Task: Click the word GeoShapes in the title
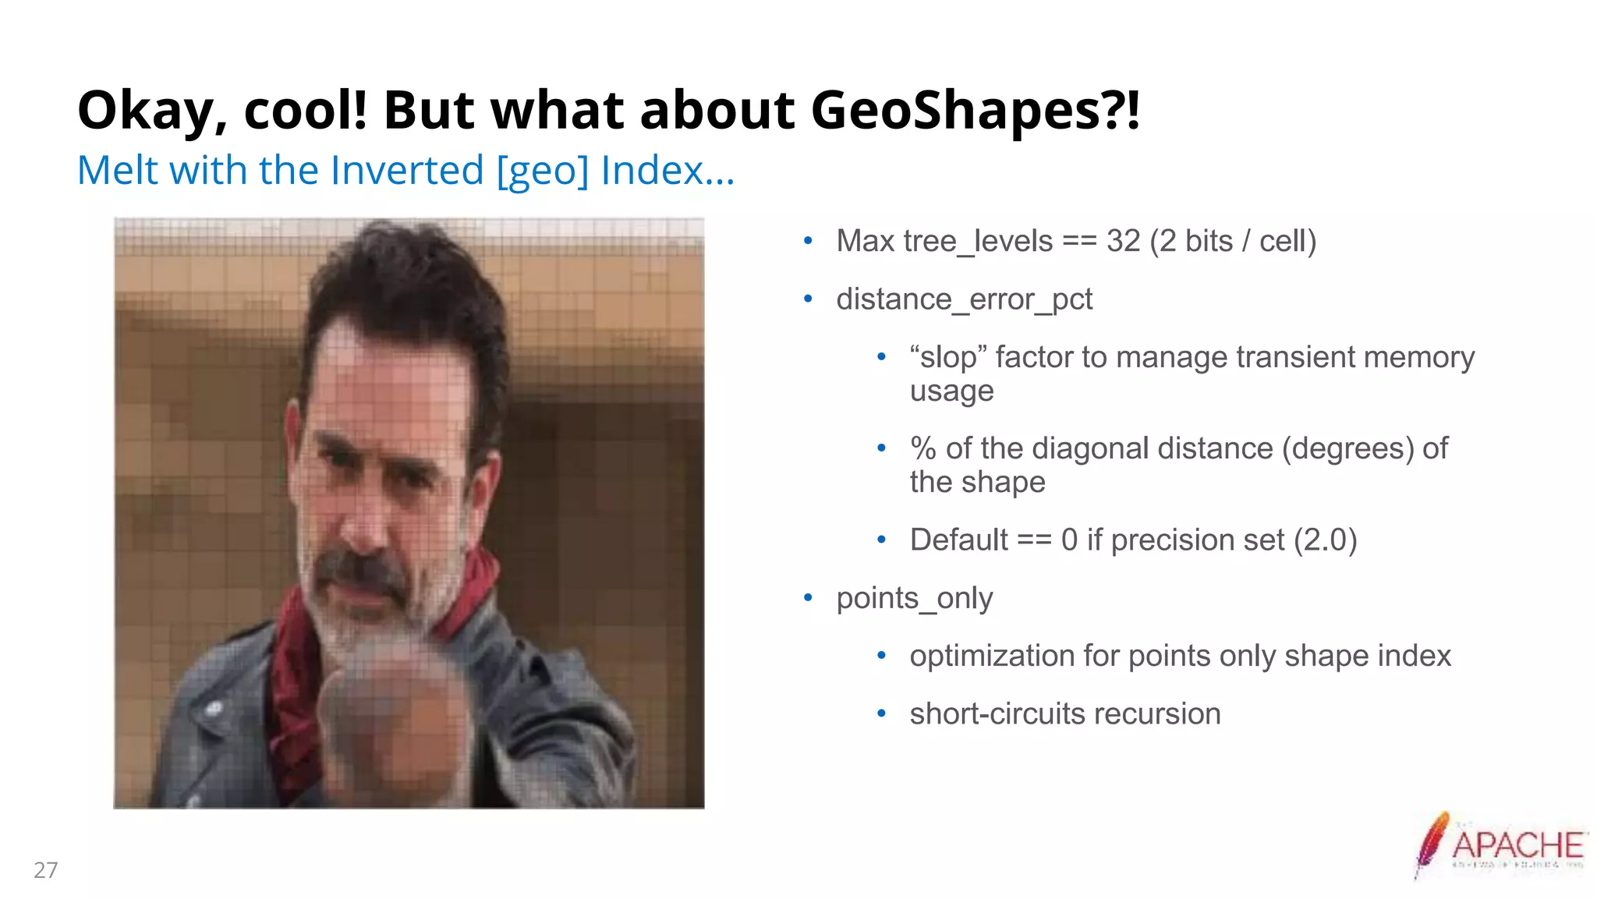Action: (x=975, y=111)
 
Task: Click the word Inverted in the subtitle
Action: (x=407, y=171)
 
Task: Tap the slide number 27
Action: (x=45, y=870)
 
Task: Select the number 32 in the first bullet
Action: (x=1123, y=241)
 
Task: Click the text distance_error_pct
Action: (x=964, y=299)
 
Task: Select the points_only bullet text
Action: (x=914, y=598)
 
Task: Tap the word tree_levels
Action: (x=1005, y=241)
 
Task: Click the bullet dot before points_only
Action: (x=808, y=598)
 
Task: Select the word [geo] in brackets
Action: (x=543, y=171)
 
